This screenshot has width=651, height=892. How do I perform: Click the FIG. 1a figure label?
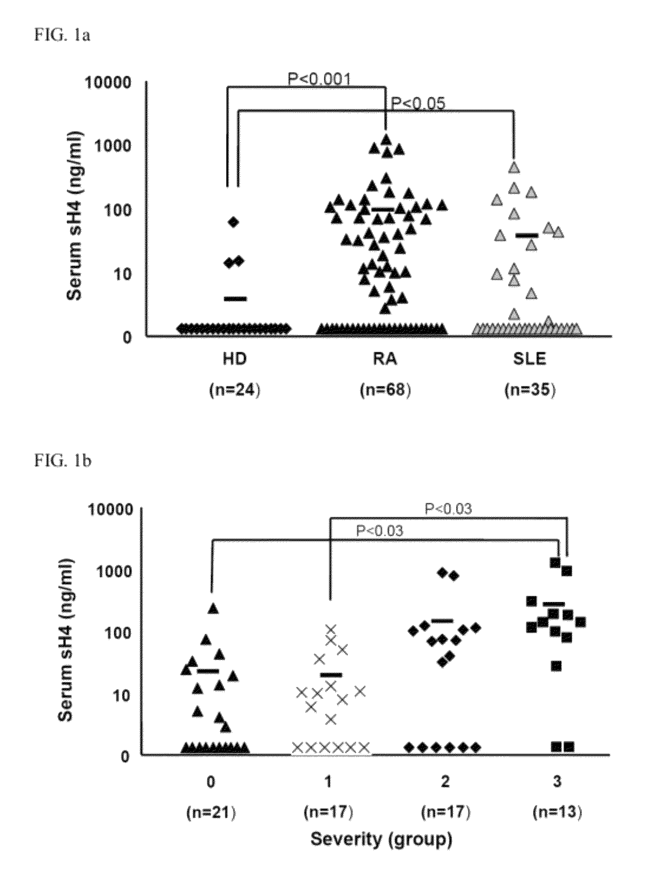coord(62,36)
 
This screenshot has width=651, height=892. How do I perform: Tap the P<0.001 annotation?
coord(319,80)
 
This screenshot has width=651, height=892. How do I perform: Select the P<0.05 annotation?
coord(418,103)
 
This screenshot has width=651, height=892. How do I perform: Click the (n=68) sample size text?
coord(386,391)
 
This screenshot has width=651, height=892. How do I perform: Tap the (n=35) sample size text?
coord(530,391)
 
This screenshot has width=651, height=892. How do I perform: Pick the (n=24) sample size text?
coord(235,391)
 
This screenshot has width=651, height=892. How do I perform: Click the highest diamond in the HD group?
coord(234,222)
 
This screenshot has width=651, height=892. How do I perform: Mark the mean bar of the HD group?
coord(235,299)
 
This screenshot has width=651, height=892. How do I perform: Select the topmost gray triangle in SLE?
coord(514,168)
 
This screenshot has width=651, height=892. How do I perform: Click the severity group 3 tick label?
coord(557,782)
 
